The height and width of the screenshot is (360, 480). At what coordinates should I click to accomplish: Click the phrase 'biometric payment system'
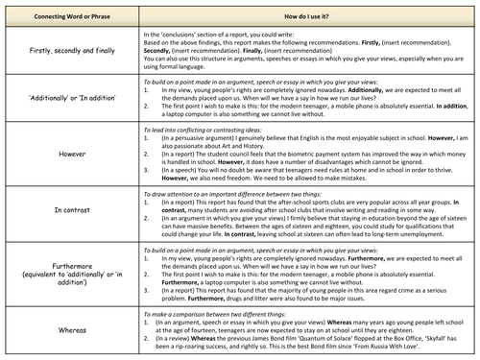coord(289,153)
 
